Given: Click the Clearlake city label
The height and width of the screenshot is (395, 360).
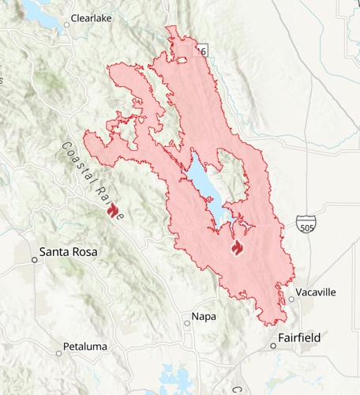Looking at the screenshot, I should coord(93,17).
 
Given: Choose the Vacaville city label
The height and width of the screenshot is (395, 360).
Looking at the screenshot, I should coord(316,292).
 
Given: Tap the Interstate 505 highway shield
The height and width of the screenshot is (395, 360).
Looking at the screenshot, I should coord(307,226).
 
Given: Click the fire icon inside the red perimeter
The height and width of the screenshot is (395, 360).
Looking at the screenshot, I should coord(236,248).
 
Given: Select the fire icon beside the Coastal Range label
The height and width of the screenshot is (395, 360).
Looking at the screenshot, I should coord(112,209).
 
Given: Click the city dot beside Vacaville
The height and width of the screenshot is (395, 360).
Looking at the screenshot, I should coord(291,299).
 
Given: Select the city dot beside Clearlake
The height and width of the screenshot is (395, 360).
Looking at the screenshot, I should coord(67,24).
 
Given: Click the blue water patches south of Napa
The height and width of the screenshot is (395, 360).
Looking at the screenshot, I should coord(171,377).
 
